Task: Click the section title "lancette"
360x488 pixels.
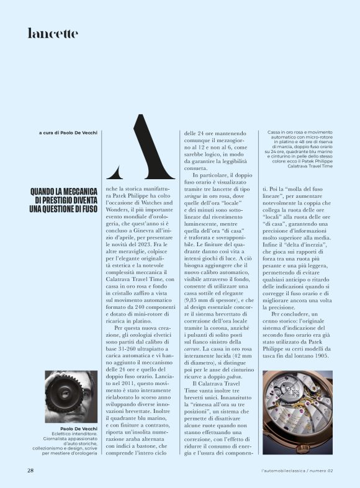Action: click(x=53, y=33)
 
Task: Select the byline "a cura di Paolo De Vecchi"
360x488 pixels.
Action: click(x=68, y=133)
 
